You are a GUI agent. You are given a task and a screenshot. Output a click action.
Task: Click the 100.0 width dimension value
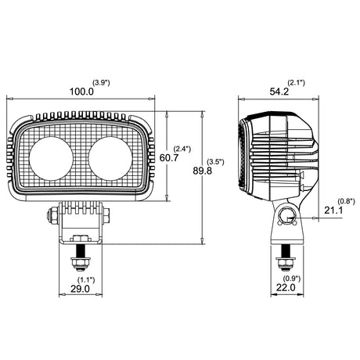[x=81, y=92]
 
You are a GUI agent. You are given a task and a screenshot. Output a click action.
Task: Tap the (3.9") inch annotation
[x=102, y=83]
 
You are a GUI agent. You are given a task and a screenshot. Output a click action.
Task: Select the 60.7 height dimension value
[x=169, y=157]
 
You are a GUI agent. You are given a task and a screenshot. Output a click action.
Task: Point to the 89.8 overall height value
[x=203, y=171]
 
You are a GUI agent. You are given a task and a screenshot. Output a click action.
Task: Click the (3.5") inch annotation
[x=215, y=162]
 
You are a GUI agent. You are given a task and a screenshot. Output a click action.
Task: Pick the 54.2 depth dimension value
[x=279, y=92]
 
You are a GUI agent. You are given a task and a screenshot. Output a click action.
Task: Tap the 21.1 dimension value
[x=333, y=210]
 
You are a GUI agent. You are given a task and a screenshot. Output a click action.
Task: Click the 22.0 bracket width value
[x=286, y=287]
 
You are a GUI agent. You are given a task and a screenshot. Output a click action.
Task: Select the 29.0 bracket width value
[x=80, y=289]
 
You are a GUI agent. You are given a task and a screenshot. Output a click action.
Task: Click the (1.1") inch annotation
[x=86, y=280]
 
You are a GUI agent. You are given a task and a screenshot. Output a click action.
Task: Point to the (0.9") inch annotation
[x=292, y=279]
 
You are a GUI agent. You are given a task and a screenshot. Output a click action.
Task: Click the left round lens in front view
[x=51, y=159]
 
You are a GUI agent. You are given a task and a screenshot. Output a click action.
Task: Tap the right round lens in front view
[x=110, y=159]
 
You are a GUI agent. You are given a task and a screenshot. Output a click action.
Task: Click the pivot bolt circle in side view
[x=287, y=217]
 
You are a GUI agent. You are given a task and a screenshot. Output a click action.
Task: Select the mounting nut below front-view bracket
[x=81, y=264]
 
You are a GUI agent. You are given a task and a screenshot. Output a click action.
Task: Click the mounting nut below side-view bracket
[x=286, y=264]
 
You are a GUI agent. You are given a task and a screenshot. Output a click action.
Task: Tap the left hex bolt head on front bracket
[x=51, y=215]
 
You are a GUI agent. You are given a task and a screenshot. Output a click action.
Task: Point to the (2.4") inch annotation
[x=182, y=149]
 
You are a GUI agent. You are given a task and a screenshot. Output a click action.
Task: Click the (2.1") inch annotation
[x=297, y=83]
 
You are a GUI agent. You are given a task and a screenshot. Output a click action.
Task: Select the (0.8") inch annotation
[x=347, y=201]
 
